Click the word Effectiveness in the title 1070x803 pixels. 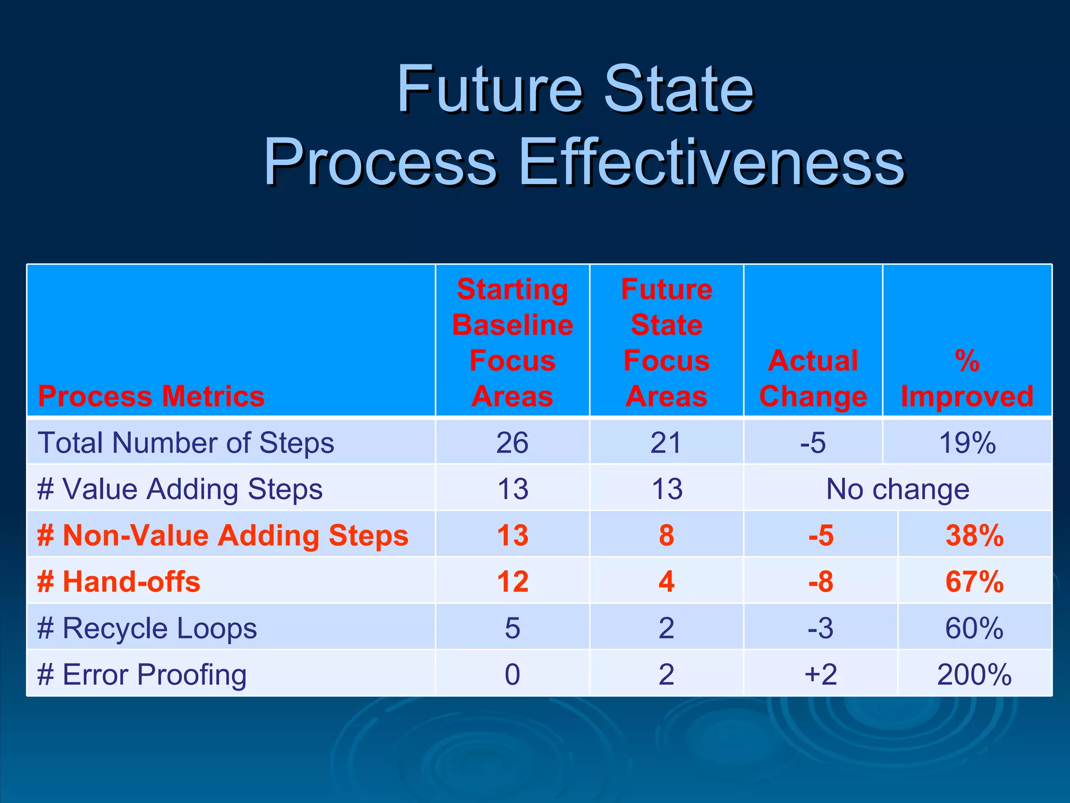tap(712, 162)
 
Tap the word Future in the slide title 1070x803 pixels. tap(489, 89)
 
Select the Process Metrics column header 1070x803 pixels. tap(151, 396)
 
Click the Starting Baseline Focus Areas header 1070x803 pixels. tap(512, 342)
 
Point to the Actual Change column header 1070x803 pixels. tap(812, 378)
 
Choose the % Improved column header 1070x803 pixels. tap(967, 378)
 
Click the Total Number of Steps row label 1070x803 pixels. tap(186, 443)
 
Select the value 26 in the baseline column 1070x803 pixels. tap(512, 443)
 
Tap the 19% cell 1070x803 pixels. tap(967, 443)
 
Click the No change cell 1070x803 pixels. tap(897, 489)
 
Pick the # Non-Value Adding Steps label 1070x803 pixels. tap(223, 535)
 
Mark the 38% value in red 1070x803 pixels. tap(974, 535)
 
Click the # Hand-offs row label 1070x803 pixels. tap(119, 581)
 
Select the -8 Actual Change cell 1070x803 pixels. tap(820, 581)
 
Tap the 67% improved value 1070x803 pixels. tap(974, 581)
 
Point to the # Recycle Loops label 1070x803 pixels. tap(147, 628)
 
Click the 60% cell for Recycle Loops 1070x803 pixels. tap(974, 628)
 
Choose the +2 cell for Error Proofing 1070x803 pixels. tap(820, 674)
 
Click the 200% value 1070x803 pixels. tap(974, 674)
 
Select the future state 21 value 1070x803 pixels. tap(666, 443)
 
